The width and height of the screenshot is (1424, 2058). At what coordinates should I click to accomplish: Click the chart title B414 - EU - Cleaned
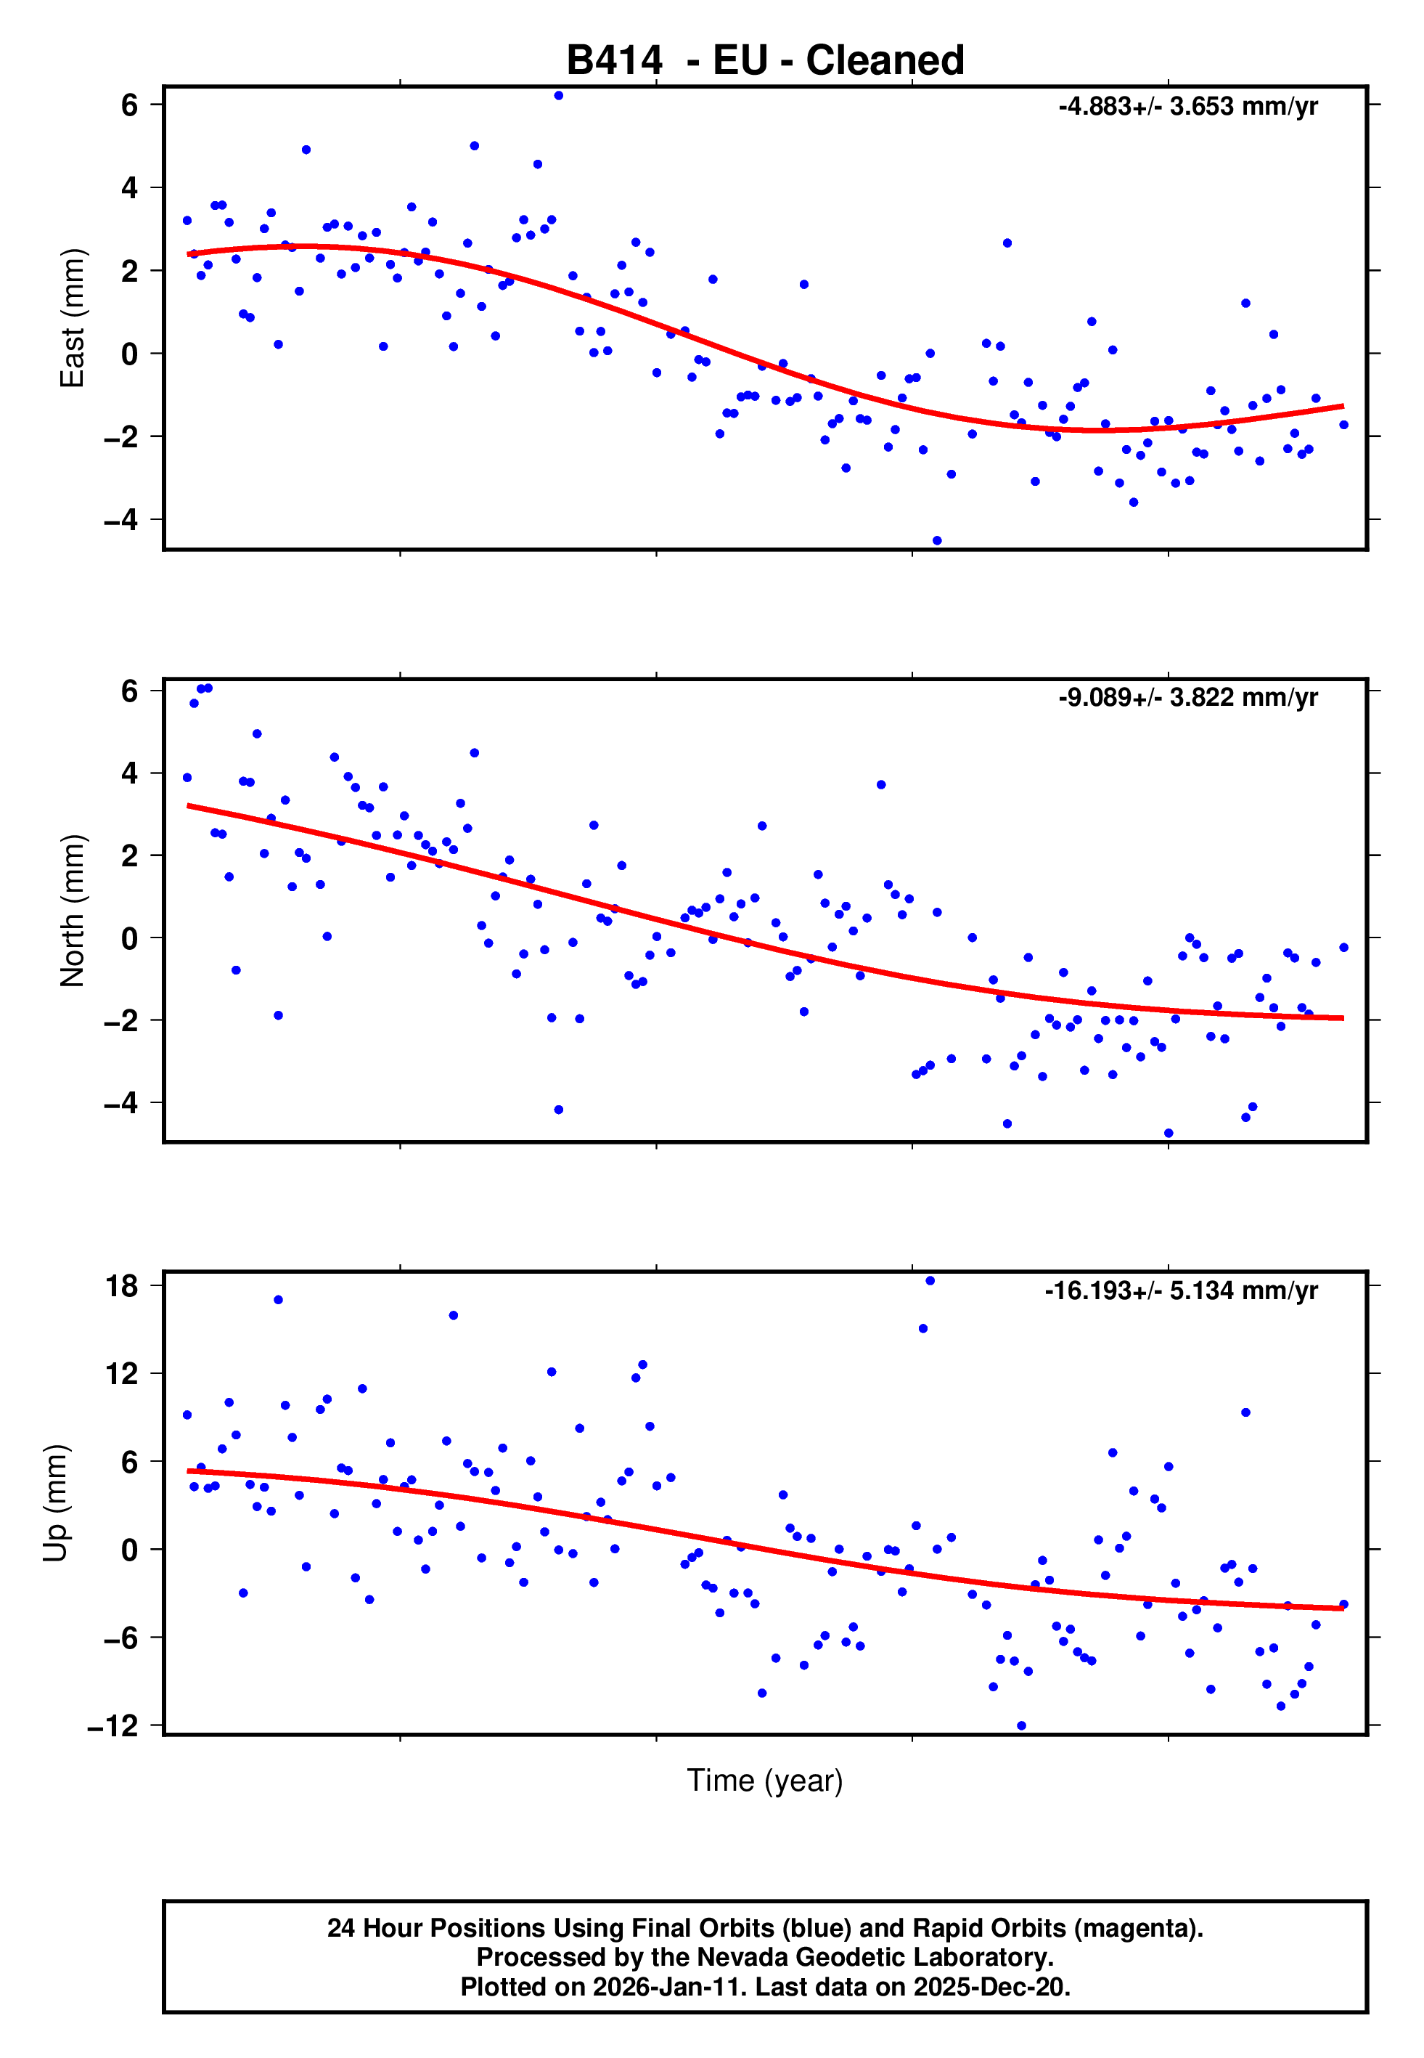[x=765, y=61]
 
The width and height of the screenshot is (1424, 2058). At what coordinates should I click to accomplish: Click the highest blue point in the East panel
[x=559, y=95]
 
